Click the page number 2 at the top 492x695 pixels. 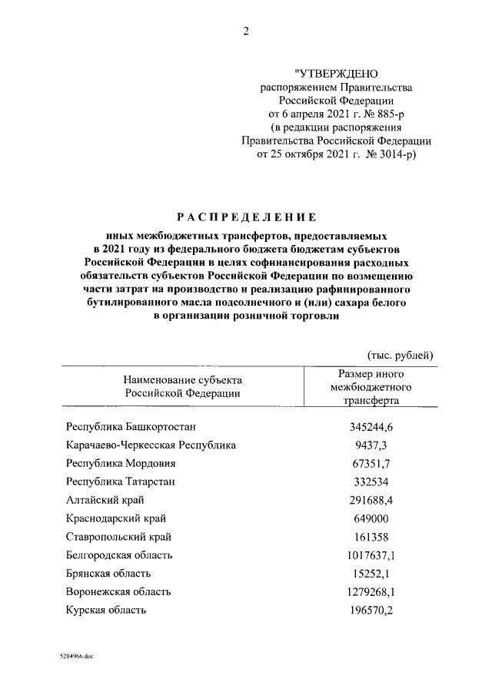pos(245,31)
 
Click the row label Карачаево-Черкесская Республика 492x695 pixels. pos(151,445)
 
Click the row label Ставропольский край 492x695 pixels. pos(118,536)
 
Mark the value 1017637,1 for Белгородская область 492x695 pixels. pos(371,554)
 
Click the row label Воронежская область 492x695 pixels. pos(118,591)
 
